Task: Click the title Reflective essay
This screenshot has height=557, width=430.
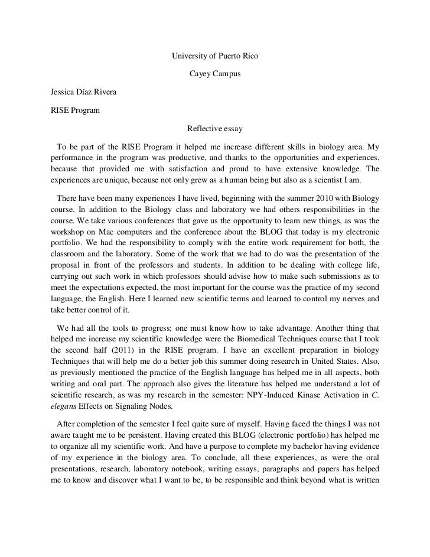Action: click(x=214, y=128)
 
